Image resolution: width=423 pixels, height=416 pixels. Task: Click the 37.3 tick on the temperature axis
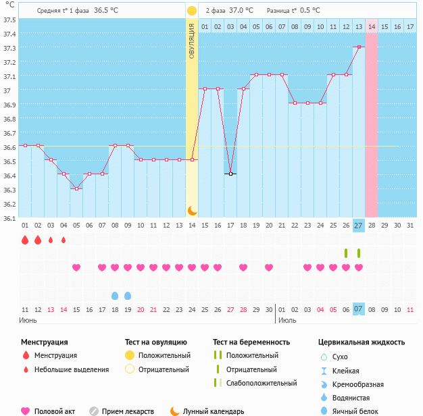(9, 48)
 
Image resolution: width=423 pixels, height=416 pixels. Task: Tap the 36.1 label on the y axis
(9, 218)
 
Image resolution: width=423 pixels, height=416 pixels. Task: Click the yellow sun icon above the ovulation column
(192, 11)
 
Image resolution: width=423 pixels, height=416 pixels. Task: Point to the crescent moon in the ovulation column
(192, 211)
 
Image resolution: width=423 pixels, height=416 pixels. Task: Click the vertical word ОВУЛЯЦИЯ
(192, 41)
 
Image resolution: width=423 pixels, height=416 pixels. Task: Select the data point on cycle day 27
(359, 47)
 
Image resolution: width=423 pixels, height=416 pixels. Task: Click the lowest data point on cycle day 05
(76, 188)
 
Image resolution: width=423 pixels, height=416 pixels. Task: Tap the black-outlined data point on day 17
(230, 174)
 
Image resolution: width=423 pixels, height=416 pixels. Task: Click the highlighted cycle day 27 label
(359, 225)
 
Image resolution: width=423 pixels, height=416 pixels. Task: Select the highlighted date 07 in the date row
(359, 309)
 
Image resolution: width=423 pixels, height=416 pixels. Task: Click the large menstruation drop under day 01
(25, 240)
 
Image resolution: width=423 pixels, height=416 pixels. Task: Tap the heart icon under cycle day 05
(76, 268)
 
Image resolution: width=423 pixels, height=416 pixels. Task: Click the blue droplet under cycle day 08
(115, 296)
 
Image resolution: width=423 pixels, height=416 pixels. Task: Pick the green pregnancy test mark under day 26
(346, 253)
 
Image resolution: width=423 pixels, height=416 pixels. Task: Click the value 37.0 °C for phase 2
(241, 11)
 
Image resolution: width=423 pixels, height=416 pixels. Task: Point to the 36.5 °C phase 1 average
(105, 11)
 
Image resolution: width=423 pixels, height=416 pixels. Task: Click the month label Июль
(287, 319)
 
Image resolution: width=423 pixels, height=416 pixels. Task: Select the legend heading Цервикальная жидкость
(362, 342)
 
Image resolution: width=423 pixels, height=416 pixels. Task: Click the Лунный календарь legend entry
(213, 411)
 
